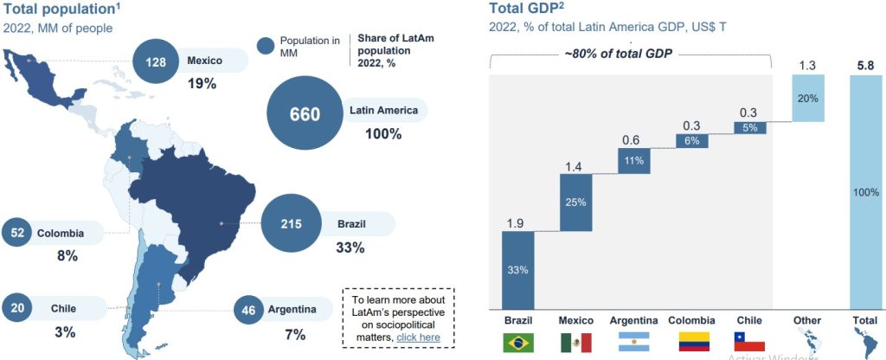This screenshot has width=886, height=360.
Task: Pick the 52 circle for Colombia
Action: (17, 233)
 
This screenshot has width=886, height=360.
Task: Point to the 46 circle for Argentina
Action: (249, 309)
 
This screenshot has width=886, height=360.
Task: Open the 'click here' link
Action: (418, 337)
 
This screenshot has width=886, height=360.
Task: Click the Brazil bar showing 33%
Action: (517, 269)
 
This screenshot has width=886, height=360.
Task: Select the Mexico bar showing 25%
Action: (575, 202)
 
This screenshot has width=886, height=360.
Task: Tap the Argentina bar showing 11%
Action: (633, 160)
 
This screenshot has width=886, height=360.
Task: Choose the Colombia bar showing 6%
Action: (692, 140)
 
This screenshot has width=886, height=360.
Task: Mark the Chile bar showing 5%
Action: (749, 127)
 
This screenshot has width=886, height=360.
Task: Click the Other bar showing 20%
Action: (807, 98)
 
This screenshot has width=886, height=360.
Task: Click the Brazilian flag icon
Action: (518, 342)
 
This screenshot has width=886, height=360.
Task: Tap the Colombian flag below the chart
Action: (692, 342)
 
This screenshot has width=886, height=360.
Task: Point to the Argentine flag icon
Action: (634, 342)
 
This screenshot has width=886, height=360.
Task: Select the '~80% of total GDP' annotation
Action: (619, 54)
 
